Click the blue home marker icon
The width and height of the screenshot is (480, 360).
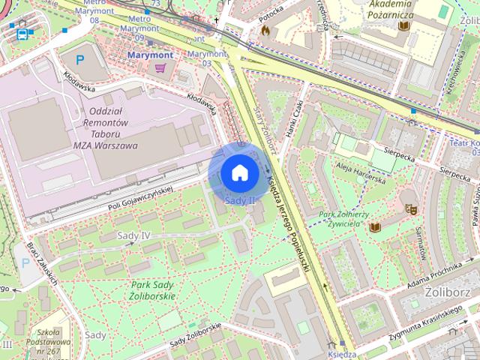coord(239,172)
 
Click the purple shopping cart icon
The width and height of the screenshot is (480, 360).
coord(160,67)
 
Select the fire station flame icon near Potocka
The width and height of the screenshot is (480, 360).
coord(265,31)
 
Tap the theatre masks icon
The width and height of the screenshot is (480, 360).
coord(410,208)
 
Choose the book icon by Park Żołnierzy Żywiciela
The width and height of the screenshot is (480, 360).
coord(375,226)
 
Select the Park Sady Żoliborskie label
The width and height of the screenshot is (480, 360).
coord(152,290)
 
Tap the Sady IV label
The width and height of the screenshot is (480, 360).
coord(134,235)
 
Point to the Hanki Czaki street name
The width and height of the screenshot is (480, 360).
coord(289,119)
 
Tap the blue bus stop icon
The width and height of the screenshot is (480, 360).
coord(22,34)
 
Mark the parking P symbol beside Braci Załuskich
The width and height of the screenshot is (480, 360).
coord(26,263)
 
